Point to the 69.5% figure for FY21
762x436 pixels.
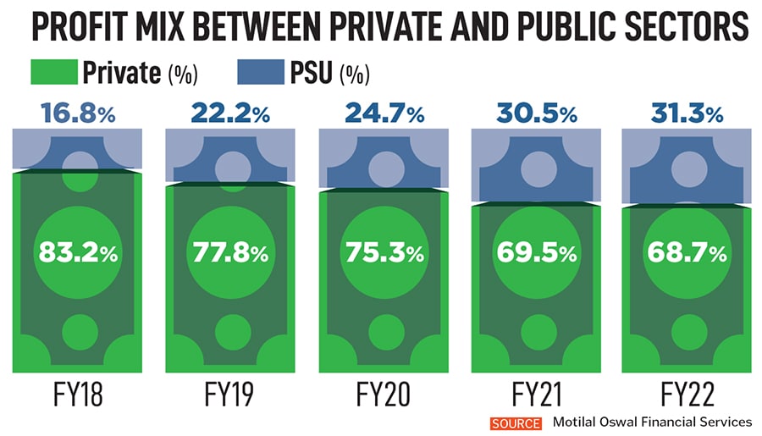pyautogui.click(x=533, y=252)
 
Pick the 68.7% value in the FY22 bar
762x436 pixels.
pyautogui.click(x=685, y=252)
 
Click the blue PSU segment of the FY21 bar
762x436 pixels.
pyautogui.click(x=533, y=169)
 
